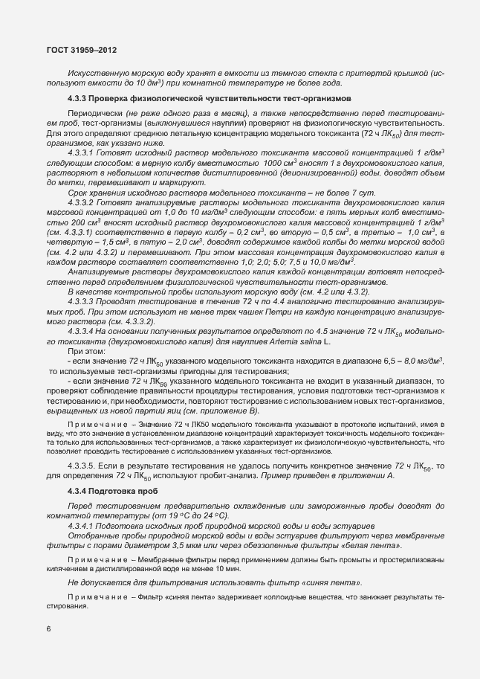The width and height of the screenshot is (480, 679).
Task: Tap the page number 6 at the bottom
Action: pyautogui.click(x=48, y=629)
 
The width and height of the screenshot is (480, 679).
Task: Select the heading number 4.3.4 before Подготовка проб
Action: pyautogui.click(x=77, y=493)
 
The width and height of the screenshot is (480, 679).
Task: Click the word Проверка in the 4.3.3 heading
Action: pyautogui.click(x=113, y=98)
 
